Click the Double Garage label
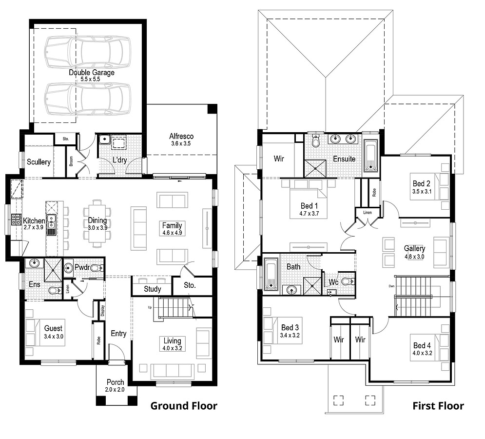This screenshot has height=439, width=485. [91, 73]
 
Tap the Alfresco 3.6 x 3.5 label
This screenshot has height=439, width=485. [181, 137]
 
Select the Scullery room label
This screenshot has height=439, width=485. [39, 162]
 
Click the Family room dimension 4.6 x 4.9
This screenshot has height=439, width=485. [172, 233]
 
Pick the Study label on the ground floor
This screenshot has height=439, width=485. [152, 289]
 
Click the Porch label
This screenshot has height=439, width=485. [115, 382]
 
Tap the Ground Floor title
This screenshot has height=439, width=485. [183, 406]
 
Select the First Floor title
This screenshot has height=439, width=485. [438, 406]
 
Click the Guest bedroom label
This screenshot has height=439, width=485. [53, 328]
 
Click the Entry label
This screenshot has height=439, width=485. [118, 334]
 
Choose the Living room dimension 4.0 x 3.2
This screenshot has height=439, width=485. [172, 348]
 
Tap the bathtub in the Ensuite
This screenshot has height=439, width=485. [371, 156]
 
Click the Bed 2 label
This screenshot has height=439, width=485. [421, 184]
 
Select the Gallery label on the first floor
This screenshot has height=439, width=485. [414, 248]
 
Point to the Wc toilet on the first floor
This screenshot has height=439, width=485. [347, 281]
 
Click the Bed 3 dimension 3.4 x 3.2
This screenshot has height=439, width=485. [290, 335]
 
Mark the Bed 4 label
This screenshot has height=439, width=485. [422, 345]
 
